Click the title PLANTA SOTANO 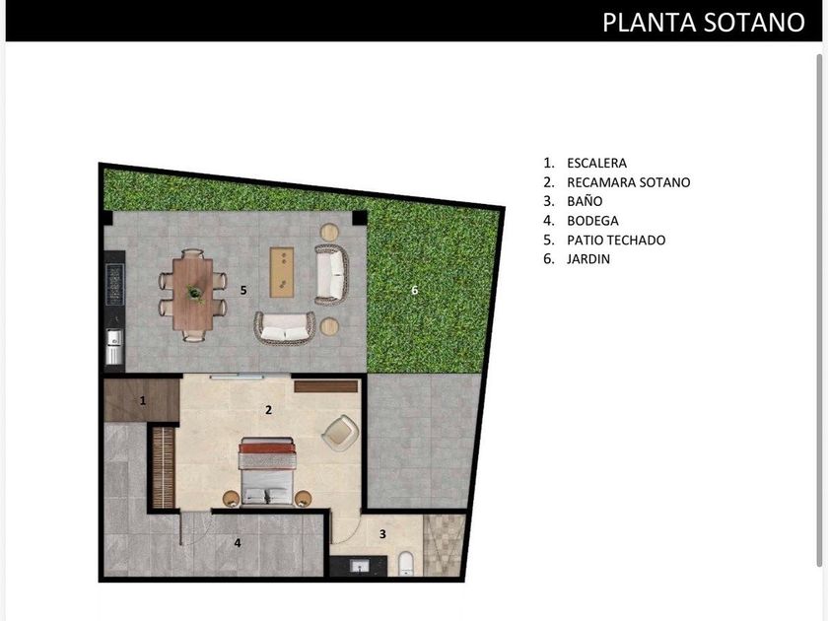pos(704,23)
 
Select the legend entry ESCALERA pos(596,164)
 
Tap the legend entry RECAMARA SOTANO pos(629,182)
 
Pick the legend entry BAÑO pos(585,201)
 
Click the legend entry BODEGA pos(592,221)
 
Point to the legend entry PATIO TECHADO pos(616,241)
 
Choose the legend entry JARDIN pos(588,259)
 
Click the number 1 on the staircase pos(143,401)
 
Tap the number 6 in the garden pos(415,290)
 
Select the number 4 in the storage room pos(238,542)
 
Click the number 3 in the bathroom pos(382,534)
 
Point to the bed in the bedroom pos(266,471)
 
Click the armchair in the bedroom pos(341,433)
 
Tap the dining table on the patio pos(193,294)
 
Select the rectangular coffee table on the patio pos(282,272)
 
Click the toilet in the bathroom pos(405,563)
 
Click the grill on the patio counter pos(114,285)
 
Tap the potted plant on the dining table pos(194,293)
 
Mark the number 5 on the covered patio pos(243,290)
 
